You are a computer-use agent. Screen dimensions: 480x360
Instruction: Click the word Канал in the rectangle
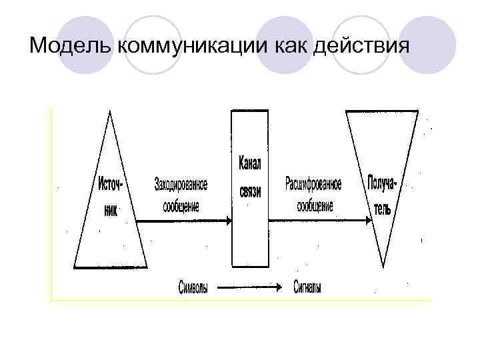click(x=250, y=165)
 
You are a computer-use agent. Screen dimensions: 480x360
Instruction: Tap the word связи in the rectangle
click(x=250, y=191)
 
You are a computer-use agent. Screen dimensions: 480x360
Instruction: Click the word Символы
click(x=193, y=289)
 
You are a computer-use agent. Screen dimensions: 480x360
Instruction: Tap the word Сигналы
click(x=307, y=289)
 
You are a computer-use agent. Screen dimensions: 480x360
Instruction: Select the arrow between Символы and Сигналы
click(x=248, y=289)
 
